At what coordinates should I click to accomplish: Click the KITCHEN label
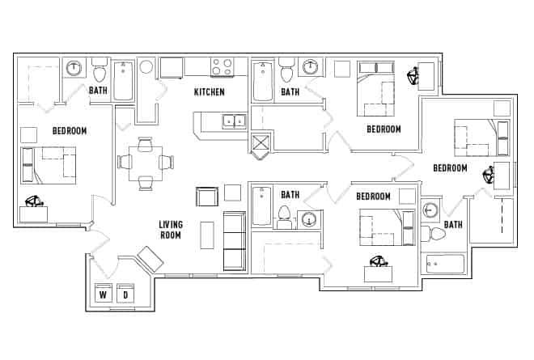(x=209, y=92)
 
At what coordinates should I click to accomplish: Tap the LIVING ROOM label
(x=170, y=230)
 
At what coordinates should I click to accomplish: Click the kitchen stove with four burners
(x=222, y=66)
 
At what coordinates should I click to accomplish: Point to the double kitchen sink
(x=235, y=121)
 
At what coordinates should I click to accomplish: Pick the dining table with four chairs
(x=146, y=162)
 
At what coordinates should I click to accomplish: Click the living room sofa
(x=235, y=240)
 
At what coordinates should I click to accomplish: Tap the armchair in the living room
(x=207, y=197)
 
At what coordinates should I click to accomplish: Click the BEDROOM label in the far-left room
(x=70, y=130)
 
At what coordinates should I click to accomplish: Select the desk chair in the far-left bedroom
(x=33, y=202)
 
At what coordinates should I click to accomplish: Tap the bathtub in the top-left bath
(x=124, y=81)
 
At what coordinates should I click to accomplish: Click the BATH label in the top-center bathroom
(x=290, y=92)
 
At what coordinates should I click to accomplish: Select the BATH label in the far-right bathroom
(x=453, y=225)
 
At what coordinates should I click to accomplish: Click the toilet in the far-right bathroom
(x=434, y=235)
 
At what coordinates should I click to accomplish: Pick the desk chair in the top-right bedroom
(x=413, y=78)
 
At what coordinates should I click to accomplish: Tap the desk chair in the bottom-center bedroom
(x=378, y=261)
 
